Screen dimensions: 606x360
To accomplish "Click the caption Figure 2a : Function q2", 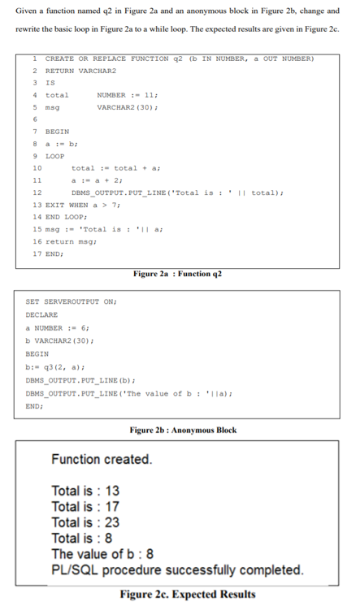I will [x=177, y=273].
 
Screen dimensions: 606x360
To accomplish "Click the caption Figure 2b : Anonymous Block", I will [x=183, y=430].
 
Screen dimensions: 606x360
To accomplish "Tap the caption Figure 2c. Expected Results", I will [x=187, y=594].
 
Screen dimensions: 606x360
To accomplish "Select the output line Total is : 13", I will [x=85, y=491].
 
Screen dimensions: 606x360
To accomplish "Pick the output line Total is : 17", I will [x=85, y=507].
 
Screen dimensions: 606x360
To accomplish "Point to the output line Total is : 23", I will [x=85, y=522].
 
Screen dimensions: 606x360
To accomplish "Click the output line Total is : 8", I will [x=82, y=538].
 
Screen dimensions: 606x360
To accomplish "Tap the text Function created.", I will [x=102, y=460].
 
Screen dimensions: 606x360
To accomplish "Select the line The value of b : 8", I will [x=104, y=554].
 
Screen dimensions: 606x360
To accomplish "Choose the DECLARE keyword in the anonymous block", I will [x=42, y=314].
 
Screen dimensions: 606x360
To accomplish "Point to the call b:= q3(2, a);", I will [x=57, y=367].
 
